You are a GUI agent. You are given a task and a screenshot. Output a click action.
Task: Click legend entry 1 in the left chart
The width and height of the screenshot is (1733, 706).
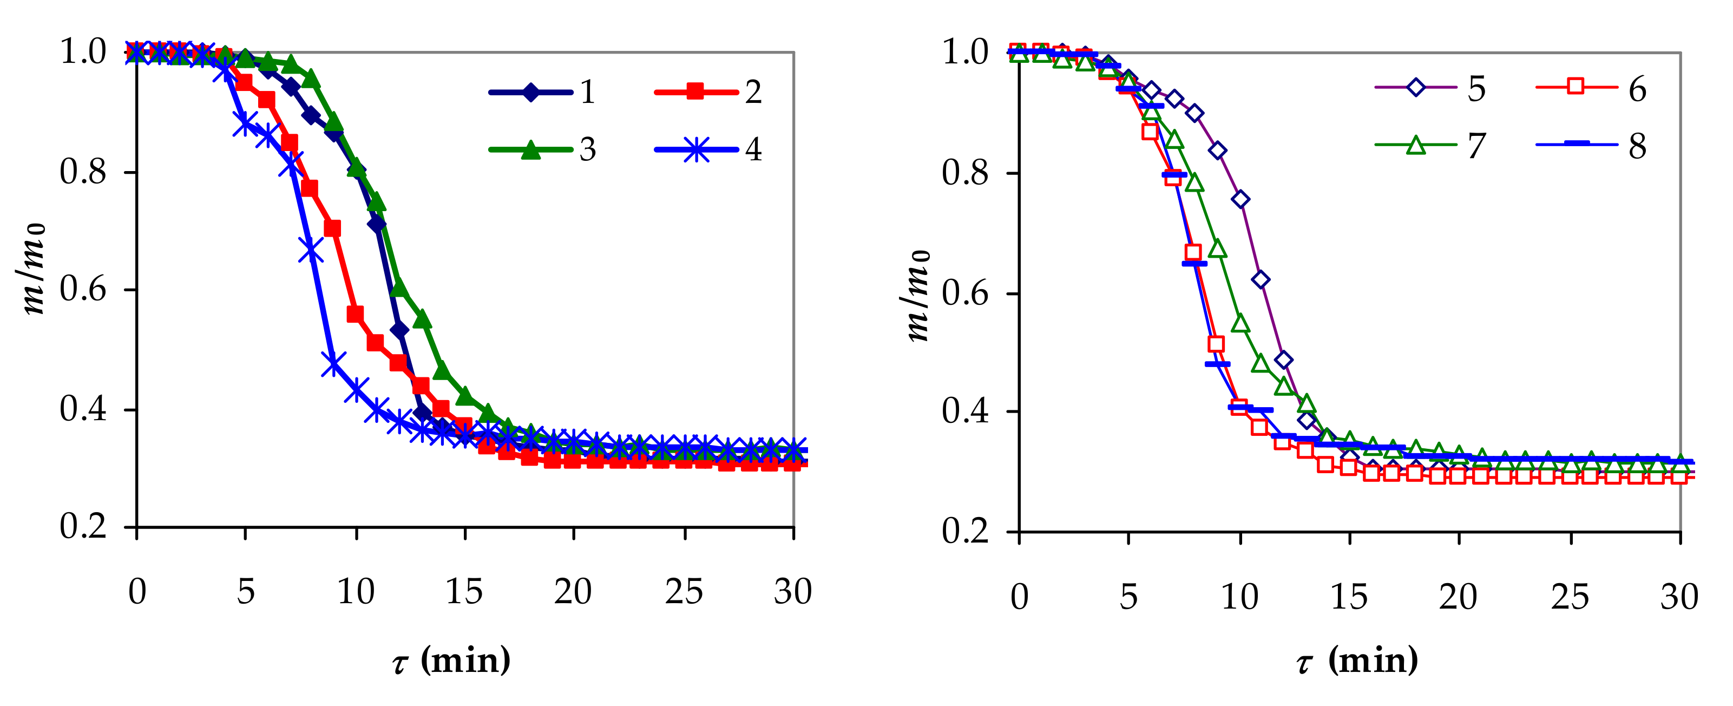[542, 91]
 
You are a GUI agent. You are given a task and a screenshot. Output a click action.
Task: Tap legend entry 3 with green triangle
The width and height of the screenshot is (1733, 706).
[542, 149]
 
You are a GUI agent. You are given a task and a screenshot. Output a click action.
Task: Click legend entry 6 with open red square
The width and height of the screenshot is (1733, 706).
[1590, 88]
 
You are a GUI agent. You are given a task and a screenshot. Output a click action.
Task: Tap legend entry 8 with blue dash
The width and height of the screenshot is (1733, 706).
[1590, 146]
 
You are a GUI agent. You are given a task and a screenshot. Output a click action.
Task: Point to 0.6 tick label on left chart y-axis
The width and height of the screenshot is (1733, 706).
[83, 290]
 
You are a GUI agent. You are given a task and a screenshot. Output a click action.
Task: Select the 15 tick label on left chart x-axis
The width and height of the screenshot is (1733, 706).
[464, 592]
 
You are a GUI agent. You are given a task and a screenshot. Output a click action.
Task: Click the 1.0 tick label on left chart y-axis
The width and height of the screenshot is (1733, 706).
[83, 52]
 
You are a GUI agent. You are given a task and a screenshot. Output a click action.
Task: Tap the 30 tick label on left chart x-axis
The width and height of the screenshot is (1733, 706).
[792, 592]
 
